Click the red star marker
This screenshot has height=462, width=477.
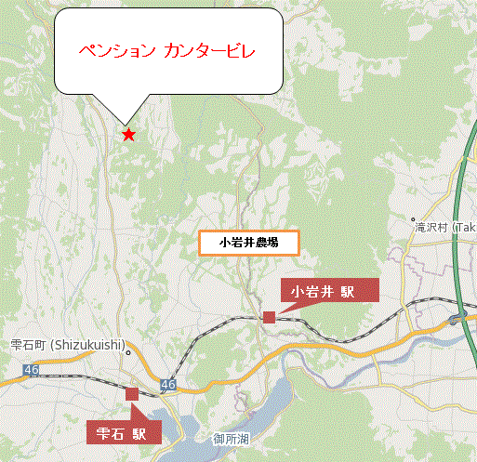point(128,135)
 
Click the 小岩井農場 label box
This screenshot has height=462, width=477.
point(248,243)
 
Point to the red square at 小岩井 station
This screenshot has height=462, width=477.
point(269,317)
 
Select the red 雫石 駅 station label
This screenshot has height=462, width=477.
point(124,431)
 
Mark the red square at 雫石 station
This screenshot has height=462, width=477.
point(131,394)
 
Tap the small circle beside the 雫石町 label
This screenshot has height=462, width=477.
point(128,352)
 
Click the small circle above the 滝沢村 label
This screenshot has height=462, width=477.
point(419,222)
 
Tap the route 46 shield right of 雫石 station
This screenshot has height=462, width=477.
point(167,384)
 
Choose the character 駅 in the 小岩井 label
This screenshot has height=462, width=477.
point(347,291)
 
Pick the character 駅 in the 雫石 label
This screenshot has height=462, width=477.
point(139,431)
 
